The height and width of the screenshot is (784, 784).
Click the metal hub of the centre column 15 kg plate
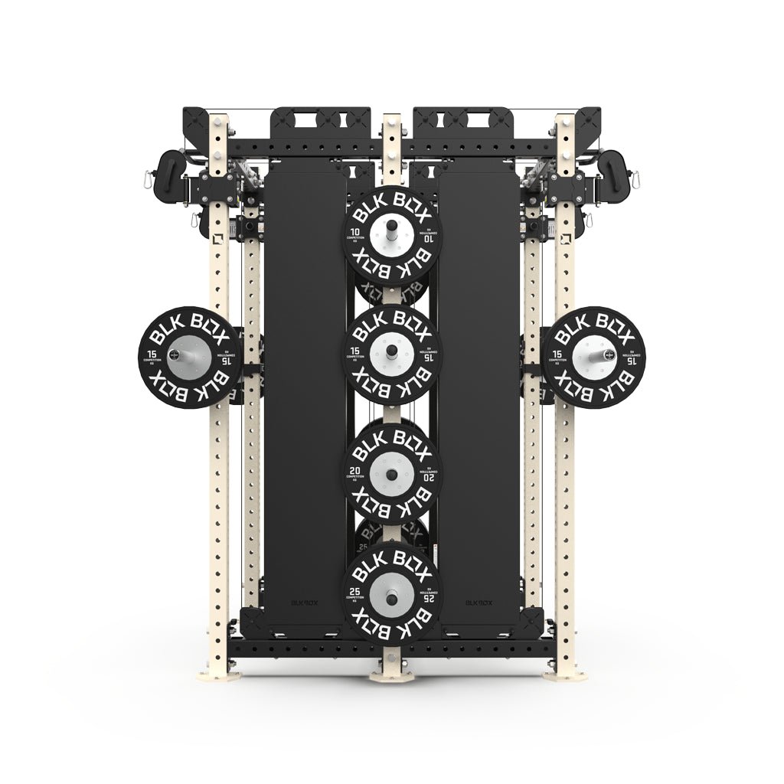(x=392, y=351)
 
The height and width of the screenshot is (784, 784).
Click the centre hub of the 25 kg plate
(x=392, y=590)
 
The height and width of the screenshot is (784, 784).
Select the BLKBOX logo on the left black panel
(x=304, y=602)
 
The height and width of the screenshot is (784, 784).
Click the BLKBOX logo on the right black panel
(x=480, y=602)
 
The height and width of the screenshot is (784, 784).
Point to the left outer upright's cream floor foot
(x=217, y=674)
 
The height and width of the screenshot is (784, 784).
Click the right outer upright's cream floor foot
(x=567, y=674)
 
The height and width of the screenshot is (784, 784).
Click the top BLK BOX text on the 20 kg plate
(x=392, y=441)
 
